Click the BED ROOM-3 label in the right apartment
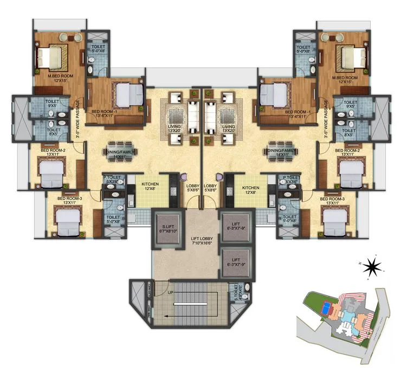[333, 199]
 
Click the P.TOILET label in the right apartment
[289, 177]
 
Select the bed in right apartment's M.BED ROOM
[345, 56]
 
